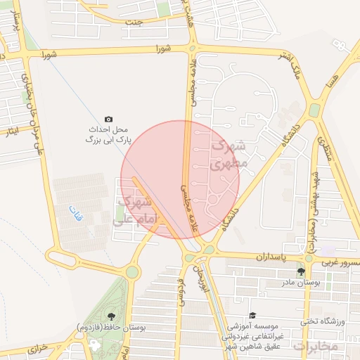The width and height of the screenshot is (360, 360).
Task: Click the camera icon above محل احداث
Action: (x=108, y=119)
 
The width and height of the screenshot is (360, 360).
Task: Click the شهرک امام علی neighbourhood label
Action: (x=139, y=210)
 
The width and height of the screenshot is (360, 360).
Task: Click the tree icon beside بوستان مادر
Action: (x=301, y=271)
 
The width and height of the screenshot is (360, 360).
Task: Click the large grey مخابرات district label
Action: (x=316, y=347)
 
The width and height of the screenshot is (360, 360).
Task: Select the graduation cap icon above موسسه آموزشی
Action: (x=252, y=316)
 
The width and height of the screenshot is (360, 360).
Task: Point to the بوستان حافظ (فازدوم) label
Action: (x=106, y=328)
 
